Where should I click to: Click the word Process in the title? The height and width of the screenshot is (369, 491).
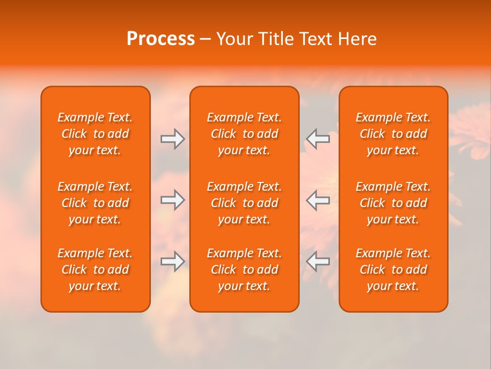(x=161, y=39)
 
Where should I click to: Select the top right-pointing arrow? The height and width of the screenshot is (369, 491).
(x=172, y=138)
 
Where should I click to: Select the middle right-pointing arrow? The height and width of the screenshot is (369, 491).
(x=172, y=200)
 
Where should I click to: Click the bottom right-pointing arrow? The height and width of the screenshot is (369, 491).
(x=172, y=261)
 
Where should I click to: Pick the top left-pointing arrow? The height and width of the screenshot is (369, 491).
(x=318, y=138)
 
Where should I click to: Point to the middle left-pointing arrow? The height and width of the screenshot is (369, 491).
(x=318, y=200)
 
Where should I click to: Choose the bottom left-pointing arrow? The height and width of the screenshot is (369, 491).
(x=318, y=261)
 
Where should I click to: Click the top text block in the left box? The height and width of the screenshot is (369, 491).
(x=95, y=134)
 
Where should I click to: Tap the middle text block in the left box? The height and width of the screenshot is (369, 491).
(x=95, y=203)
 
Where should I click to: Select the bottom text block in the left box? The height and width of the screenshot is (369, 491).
(x=95, y=270)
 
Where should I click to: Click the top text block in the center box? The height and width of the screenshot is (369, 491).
(x=244, y=134)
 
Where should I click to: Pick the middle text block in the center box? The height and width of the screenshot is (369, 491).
(x=244, y=203)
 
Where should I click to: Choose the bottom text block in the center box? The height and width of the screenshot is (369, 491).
(x=244, y=270)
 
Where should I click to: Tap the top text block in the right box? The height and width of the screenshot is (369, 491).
(x=393, y=134)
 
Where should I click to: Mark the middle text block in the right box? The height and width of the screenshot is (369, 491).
(x=393, y=203)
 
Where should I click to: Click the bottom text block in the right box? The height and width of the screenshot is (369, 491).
(x=393, y=270)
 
